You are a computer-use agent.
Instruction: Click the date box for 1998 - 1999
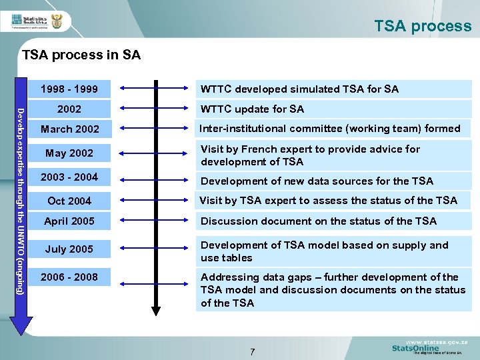[69, 89]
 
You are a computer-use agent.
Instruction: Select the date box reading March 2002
[69, 129]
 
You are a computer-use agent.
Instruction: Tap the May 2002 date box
[69, 153]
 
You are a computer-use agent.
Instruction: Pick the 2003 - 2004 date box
[69, 177]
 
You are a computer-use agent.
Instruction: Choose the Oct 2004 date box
[69, 201]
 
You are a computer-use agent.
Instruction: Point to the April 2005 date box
[69, 221]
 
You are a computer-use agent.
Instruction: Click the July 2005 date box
[69, 249]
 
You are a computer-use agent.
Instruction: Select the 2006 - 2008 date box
[69, 277]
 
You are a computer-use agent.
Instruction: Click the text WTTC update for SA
[252, 109]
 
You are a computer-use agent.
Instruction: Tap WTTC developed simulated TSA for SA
[299, 89]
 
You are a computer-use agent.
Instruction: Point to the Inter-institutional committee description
[330, 129]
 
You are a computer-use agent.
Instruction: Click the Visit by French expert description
[310, 155]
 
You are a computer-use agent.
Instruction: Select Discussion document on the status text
[318, 221]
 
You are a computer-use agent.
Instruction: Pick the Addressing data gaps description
[333, 290]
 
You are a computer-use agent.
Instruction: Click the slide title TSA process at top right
[423, 26]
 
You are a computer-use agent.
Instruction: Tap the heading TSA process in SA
[81, 55]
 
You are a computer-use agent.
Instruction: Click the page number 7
[252, 352]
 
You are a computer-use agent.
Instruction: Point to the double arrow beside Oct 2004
[155, 201]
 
